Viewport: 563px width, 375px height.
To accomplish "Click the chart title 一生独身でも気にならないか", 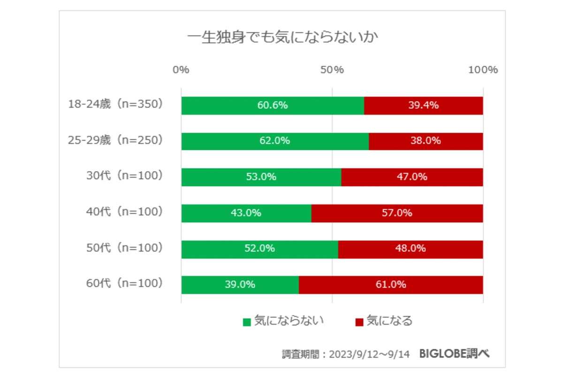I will point(282,37).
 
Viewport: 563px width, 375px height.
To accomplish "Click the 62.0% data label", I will point(274,141).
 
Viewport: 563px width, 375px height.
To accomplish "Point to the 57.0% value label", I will point(397,213).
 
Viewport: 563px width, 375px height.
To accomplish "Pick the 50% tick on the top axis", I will point(332,70).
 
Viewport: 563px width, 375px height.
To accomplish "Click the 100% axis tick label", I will point(483,70).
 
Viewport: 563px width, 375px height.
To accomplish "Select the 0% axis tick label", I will point(181,70).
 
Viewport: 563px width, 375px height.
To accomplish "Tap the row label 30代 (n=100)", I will point(124,176).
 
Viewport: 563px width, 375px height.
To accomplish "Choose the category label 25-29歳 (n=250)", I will point(116,140).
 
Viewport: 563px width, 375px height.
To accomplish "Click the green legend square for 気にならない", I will point(246,322).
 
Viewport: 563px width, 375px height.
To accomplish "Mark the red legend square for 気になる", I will point(359,322).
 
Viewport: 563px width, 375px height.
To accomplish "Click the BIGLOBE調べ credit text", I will point(454,354).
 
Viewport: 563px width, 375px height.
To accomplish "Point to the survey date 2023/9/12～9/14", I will point(370,354).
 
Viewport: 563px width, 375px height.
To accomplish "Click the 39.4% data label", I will point(423,105).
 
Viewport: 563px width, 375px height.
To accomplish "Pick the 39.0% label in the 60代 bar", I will point(240,285).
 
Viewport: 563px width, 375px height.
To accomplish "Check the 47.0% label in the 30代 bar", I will point(412,177).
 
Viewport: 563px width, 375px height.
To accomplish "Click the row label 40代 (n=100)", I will point(124,212).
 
